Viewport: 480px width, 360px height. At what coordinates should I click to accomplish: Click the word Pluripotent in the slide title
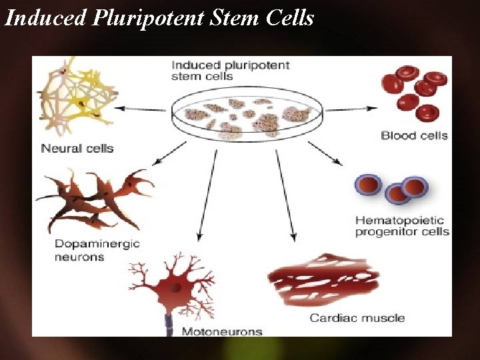pyautogui.click(x=148, y=18)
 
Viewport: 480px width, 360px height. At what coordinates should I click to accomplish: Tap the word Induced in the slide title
pyautogui.click(x=45, y=18)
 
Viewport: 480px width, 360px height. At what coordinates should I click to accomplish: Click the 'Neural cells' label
pyautogui.click(x=77, y=148)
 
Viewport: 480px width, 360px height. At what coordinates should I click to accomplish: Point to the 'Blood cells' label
pyautogui.click(x=414, y=135)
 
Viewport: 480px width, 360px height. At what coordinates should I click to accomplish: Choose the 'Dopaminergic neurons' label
pyautogui.click(x=97, y=250)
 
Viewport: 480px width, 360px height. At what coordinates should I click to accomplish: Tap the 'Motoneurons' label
pyautogui.click(x=222, y=331)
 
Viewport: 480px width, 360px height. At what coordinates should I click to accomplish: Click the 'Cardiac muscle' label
pyautogui.click(x=357, y=317)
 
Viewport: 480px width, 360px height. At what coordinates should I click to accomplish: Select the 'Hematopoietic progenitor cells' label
pyautogui.click(x=402, y=226)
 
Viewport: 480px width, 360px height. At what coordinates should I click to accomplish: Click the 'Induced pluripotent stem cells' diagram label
pyautogui.click(x=231, y=71)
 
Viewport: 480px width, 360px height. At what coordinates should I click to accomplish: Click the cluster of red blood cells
pyautogui.click(x=413, y=93)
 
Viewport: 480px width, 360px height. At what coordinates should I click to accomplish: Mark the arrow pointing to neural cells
pyautogui.click(x=140, y=108)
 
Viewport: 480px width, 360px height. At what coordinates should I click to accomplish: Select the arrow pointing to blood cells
pyautogui.click(x=351, y=108)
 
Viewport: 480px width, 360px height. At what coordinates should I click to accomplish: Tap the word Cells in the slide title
pyautogui.click(x=289, y=18)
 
